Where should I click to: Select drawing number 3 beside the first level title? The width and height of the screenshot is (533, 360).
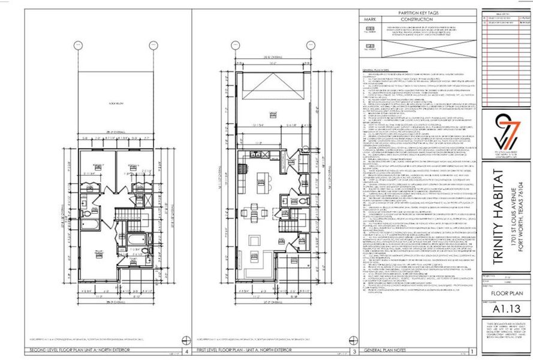[354, 352]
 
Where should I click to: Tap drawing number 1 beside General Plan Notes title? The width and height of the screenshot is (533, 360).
[474, 352]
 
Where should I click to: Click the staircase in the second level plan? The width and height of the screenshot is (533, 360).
[127, 214]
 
